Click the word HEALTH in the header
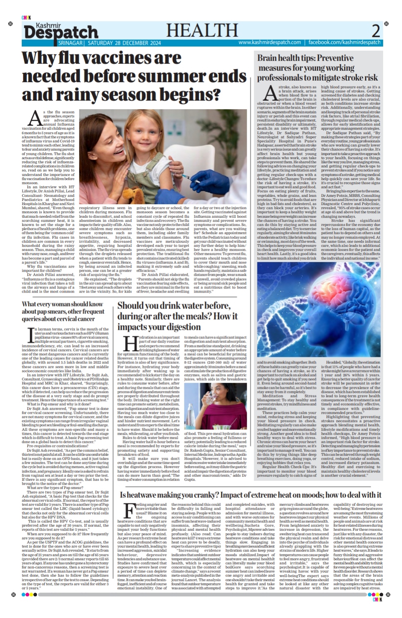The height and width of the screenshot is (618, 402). (x=202, y=31)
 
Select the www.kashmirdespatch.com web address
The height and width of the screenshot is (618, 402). (x=269, y=43)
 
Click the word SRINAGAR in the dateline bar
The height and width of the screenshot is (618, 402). (x=70, y=43)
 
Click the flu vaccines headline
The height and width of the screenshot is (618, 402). (x=134, y=76)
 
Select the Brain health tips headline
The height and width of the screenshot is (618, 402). (x=317, y=68)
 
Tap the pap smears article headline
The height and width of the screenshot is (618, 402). (x=63, y=311)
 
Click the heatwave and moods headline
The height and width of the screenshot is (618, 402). (x=250, y=495)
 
